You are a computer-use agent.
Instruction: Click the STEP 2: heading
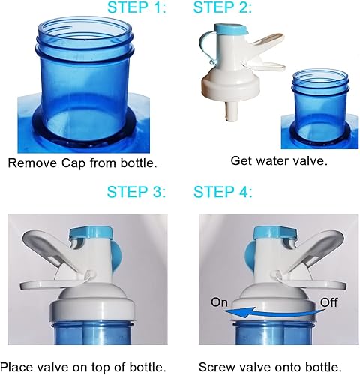pyautogui.click(x=222, y=9)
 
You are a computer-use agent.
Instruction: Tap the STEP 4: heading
pyautogui.click(x=222, y=193)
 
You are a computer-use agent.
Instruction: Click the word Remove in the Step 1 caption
pyautogui.click(x=31, y=162)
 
